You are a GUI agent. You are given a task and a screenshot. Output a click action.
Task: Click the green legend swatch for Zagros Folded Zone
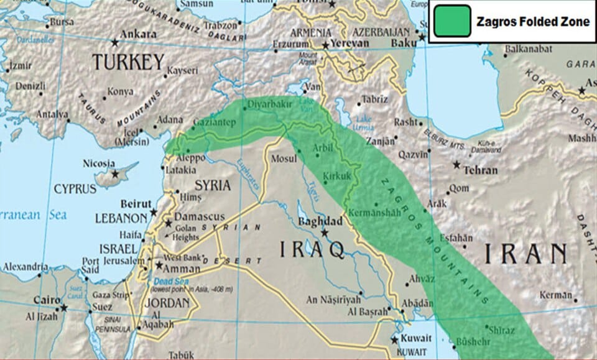coord(451,21)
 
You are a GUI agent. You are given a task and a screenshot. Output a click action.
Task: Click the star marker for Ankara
coord(114,43)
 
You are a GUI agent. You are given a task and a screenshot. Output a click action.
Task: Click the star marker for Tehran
coord(457,165)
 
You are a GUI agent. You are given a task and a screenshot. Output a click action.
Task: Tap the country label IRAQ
coord(312,250)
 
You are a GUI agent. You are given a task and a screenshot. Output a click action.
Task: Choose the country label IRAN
coord(525,254)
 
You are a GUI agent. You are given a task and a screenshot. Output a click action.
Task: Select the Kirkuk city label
coord(337,176)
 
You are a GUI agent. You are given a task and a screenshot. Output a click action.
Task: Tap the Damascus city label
coord(199,216)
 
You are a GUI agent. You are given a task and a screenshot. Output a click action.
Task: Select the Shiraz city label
coord(502,330)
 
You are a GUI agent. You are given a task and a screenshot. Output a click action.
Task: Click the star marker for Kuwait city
coord(394,339)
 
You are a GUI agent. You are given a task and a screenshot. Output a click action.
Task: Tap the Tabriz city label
coord(375,99)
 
